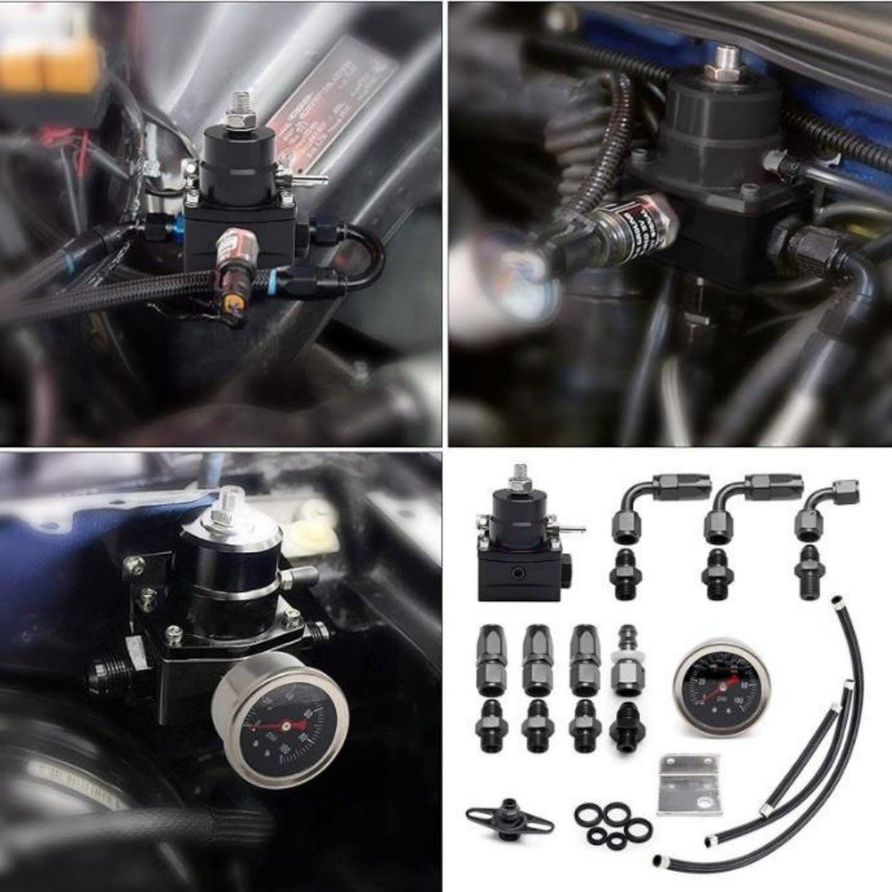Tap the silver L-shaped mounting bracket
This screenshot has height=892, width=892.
click(689, 785)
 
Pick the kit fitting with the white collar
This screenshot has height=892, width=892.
click(627, 660)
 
